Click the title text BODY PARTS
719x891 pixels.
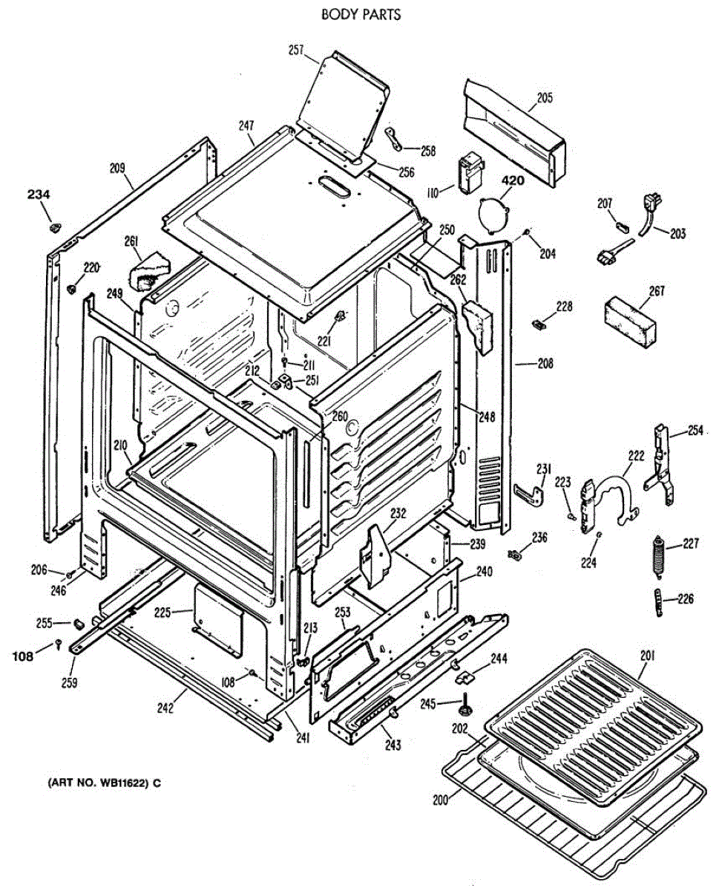[361, 14]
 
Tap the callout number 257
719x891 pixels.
[297, 50]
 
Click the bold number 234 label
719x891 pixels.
[39, 195]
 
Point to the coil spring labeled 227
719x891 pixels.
[657, 556]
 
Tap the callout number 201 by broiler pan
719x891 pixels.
[649, 654]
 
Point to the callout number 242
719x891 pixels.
[165, 708]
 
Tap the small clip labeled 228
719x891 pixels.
[540, 323]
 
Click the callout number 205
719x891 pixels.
[545, 97]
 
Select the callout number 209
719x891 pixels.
[117, 168]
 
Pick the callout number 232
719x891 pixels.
[398, 512]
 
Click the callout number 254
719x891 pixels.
[695, 430]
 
